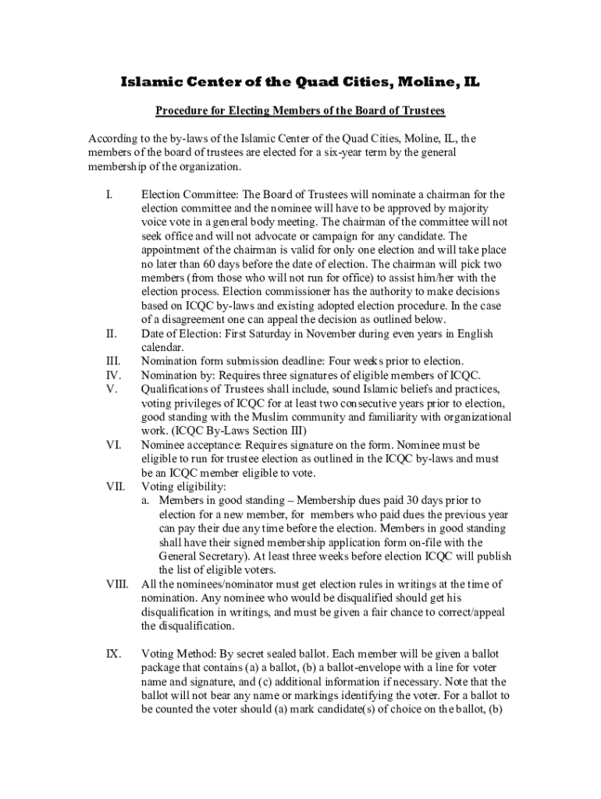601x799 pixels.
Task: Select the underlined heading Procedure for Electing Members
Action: (x=300, y=111)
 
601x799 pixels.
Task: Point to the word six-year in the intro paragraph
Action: (x=350, y=153)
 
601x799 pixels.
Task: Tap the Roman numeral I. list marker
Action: (x=109, y=194)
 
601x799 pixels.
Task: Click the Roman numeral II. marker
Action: (x=111, y=335)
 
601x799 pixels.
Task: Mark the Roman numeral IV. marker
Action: (x=112, y=375)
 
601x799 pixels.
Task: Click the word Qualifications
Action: (x=176, y=389)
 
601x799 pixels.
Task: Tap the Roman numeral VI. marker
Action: (x=112, y=446)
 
